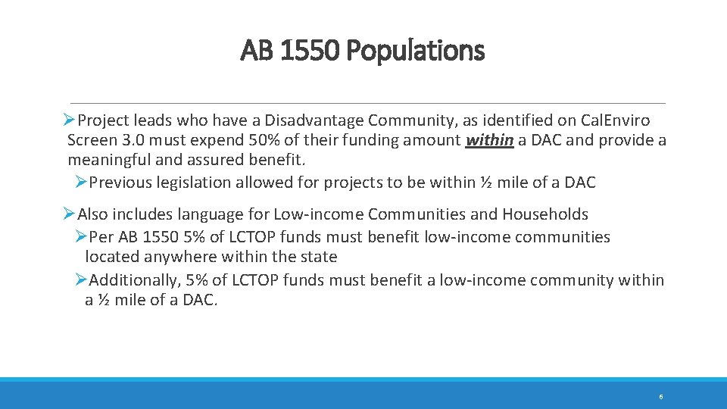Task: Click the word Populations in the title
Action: click(415, 51)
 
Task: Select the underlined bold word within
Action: click(490, 140)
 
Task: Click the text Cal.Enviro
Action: click(615, 120)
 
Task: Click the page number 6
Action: click(661, 397)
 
